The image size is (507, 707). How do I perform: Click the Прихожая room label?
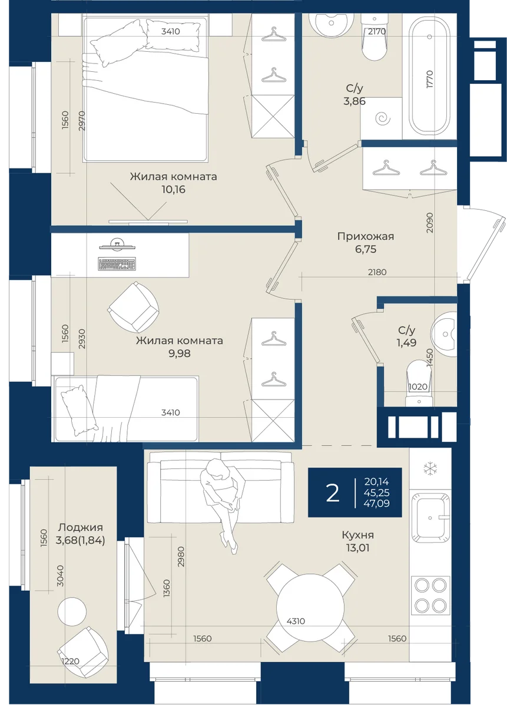[x=365, y=236]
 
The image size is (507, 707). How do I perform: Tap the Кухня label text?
[x=358, y=535]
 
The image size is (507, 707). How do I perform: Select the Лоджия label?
[x=81, y=527]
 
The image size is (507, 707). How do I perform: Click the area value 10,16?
[x=173, y=189]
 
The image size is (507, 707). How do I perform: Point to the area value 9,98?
[x=179, y=353]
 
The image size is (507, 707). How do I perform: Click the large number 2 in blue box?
[x=333, y=493]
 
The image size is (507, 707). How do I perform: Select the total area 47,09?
[x=376, y=503]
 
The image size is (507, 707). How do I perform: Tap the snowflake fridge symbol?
[x=429, y=468]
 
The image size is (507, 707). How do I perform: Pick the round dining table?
[x=310, y=607]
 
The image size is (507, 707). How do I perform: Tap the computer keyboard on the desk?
[x=117, y=263]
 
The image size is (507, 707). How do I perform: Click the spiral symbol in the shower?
[x=382, y=118]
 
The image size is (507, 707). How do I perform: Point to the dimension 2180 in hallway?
[x=377, y=272]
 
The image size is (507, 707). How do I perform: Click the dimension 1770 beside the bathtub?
[x=430, y=79]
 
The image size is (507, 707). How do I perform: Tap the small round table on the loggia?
[x=72, y=612]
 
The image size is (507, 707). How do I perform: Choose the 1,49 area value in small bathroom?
[x=406, y=342]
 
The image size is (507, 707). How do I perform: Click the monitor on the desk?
[x=117, y=245]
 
